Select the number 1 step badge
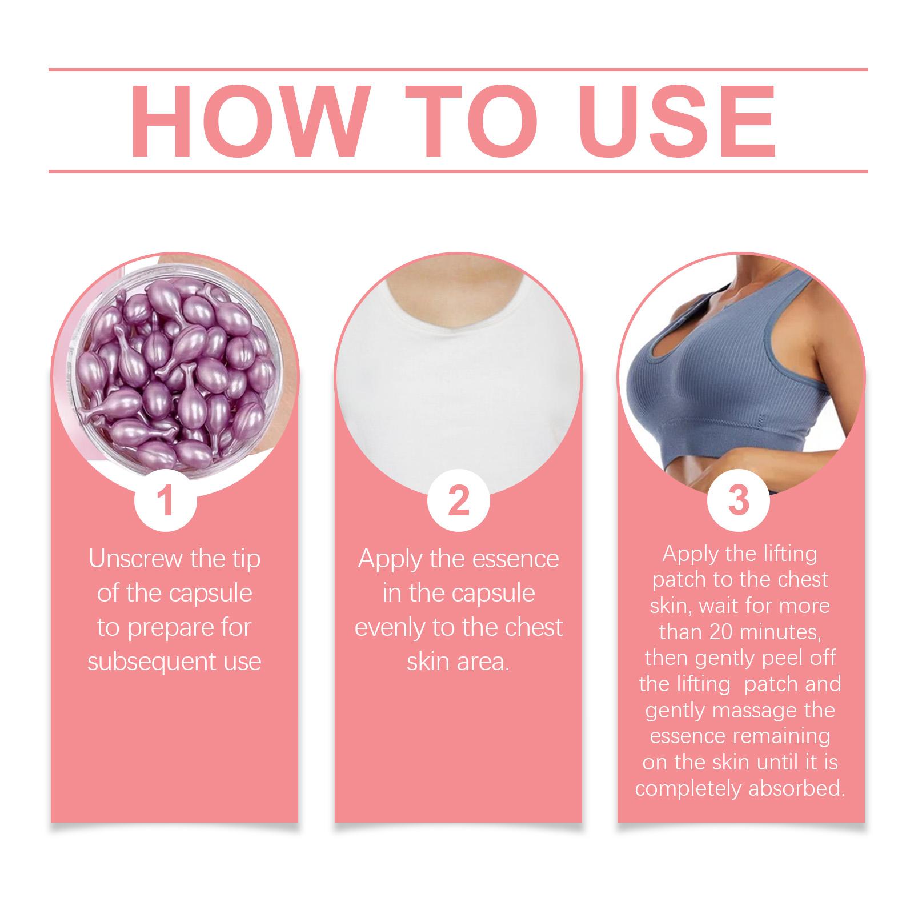165,499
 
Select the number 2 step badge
458,499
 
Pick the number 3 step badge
739,499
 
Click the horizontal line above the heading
458,70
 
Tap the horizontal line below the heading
458,171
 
